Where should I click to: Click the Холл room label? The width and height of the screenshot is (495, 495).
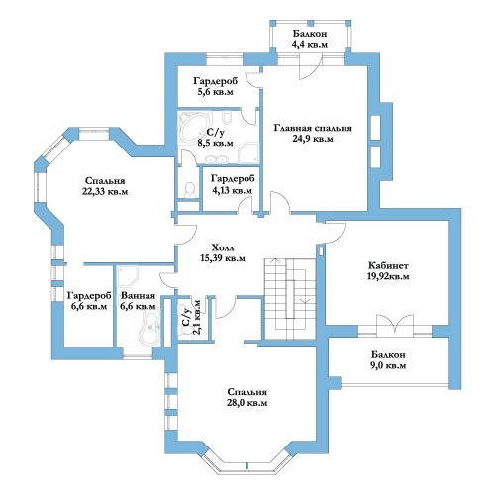click(x=223, y=247)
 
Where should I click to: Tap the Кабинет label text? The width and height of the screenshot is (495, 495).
click(x=388, y=265)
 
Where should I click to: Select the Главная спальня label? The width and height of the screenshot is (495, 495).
click(x=313, y=128)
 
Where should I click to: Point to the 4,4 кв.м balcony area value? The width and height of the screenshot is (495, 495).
click(x=310, y=44)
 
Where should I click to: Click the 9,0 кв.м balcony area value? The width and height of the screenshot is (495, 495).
click(x=388, y=365)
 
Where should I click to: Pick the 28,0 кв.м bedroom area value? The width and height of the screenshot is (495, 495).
click(x=247, y=403)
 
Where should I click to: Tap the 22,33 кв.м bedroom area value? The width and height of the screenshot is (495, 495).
click(x=105, y=191)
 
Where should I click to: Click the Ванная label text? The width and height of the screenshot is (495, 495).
click(x=138, y=296)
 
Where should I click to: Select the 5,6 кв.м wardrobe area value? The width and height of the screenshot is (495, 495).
click(x=215, y=92)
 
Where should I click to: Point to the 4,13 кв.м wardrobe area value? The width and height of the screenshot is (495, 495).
click(x=232, y=190)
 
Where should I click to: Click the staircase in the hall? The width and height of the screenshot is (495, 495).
click(x=290, y=299)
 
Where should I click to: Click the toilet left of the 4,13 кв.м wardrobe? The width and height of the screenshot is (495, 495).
click(x=189, y=190)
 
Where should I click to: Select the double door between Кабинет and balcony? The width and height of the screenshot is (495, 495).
click(x=395, y=324)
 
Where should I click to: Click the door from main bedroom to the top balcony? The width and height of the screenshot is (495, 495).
click(x=310, y=67)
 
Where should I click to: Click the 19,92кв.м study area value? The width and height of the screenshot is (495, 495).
click(x=388, y=276)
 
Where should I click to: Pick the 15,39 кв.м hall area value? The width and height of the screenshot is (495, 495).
click(x=223, y=258)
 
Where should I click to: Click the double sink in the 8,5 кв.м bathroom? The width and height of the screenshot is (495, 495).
click(x=216, y=159)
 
